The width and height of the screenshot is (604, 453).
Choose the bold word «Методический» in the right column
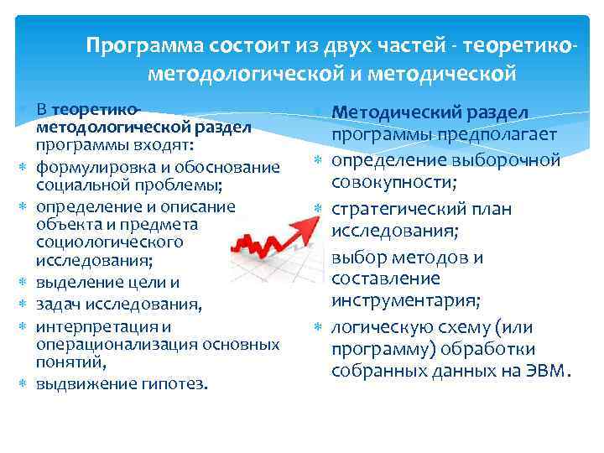tap(388, 112)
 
